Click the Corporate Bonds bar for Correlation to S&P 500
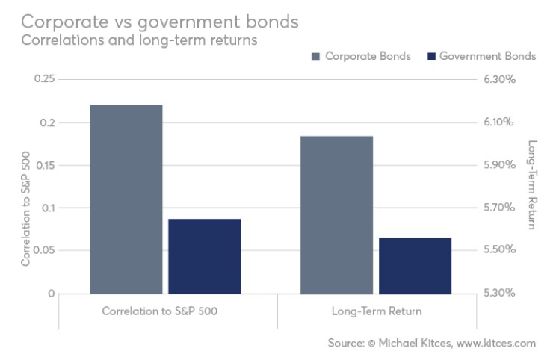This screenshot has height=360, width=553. (x=126, y=199)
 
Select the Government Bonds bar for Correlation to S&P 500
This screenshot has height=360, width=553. (x=204, y=255)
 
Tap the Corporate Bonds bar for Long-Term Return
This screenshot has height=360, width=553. (x=336, y=214)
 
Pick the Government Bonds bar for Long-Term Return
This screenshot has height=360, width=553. (x=415, y=265)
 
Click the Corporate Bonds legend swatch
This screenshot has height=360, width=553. (x=314, y=57)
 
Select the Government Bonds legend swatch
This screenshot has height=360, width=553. (x=431, y=57)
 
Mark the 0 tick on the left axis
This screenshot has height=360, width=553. (x=51, y=294)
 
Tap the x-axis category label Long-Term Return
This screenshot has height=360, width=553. (x=376, y=311)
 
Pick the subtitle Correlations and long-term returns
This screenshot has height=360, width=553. (x=140, y=40)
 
